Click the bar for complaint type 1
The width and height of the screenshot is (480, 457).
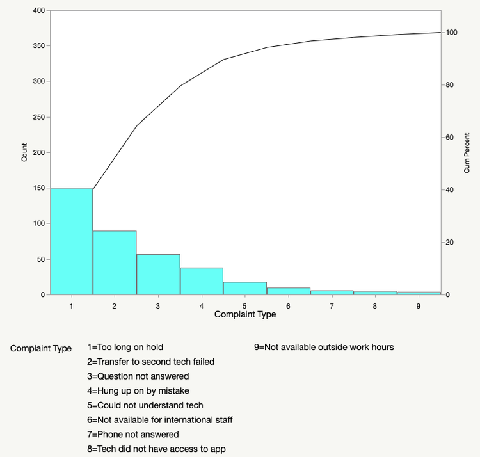point(71,241)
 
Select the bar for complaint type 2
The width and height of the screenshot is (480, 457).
point(115,262)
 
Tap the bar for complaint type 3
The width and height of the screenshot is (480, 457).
point(158,275)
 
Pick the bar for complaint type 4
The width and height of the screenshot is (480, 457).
point(201,281)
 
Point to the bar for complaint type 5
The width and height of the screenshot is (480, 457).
point(244,288)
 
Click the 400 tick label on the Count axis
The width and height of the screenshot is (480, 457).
point(38,11)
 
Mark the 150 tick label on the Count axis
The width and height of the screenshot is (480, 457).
point(38,188)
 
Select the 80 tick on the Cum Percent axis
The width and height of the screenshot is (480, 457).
point(451,85)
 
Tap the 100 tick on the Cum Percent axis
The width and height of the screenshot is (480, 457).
point(452,33)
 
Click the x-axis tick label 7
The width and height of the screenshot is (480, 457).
point(332,306)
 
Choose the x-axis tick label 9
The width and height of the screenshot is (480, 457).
point(419,306)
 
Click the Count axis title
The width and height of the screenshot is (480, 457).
point(24,152)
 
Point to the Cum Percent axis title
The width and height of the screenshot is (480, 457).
point(467,152)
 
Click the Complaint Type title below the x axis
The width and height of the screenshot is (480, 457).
point(245,315)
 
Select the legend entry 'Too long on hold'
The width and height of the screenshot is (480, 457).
point(125,348)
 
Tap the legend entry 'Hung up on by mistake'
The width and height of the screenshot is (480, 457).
point(138,390)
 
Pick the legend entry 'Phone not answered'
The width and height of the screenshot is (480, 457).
point(133,435)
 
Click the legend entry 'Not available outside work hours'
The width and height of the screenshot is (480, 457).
point(324,348)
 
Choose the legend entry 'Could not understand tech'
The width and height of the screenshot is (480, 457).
point(145,405)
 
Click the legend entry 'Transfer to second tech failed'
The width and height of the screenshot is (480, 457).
point(151,362)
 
